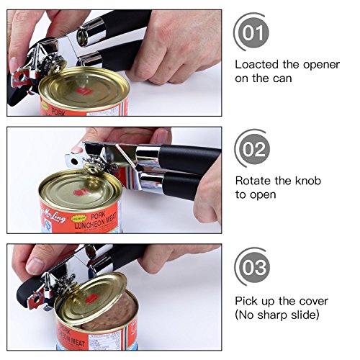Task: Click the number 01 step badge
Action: click(x=252, y=32)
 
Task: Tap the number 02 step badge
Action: click(x=253, y=149)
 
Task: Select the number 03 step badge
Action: click(x=253, y=267)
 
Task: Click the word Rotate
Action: click(x=253, y=181)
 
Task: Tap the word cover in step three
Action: click(x=314, y=301)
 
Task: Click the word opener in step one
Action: click(x=321, y=65)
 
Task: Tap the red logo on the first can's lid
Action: click(x=82, y=92)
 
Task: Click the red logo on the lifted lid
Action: click(x=93, y=298)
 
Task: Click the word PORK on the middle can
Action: click(x=98, y=217)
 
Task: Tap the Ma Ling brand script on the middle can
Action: click(x=53, y=216)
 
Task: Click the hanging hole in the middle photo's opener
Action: click(x=74, y=161)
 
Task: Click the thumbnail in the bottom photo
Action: click(x=35, y=265)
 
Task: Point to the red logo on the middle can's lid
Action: click(x=78, y=193)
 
